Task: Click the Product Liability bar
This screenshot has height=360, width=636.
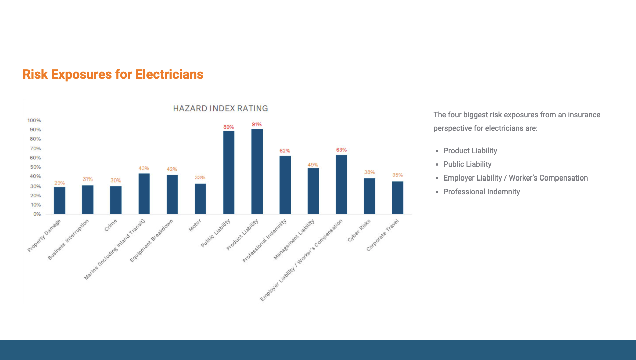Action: [257, 171]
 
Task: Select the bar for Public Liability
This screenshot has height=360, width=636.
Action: [229, 172]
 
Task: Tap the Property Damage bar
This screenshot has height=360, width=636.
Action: [59, 200]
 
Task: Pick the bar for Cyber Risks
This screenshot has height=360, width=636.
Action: [369, 196]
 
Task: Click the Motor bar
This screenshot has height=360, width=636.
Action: [200, 199]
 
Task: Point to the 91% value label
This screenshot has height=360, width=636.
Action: [257, 124]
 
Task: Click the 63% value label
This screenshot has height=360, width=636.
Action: [341, 150]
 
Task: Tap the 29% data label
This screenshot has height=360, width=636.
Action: [59, 183]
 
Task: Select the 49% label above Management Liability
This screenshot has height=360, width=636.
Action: [313, 165]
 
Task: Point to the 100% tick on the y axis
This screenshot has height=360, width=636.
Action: [34, 120]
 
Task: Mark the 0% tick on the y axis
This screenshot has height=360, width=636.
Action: [37, 214]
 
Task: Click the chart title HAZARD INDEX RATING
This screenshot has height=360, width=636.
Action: [221, 108]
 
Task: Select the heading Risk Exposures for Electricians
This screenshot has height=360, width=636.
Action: [113, 74]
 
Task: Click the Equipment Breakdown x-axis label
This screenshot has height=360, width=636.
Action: [152, 240]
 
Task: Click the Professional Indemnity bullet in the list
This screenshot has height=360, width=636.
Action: [481, 192]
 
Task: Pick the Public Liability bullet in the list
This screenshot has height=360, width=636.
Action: [467, 164]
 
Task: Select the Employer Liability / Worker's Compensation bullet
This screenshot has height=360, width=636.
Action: [515, 178]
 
